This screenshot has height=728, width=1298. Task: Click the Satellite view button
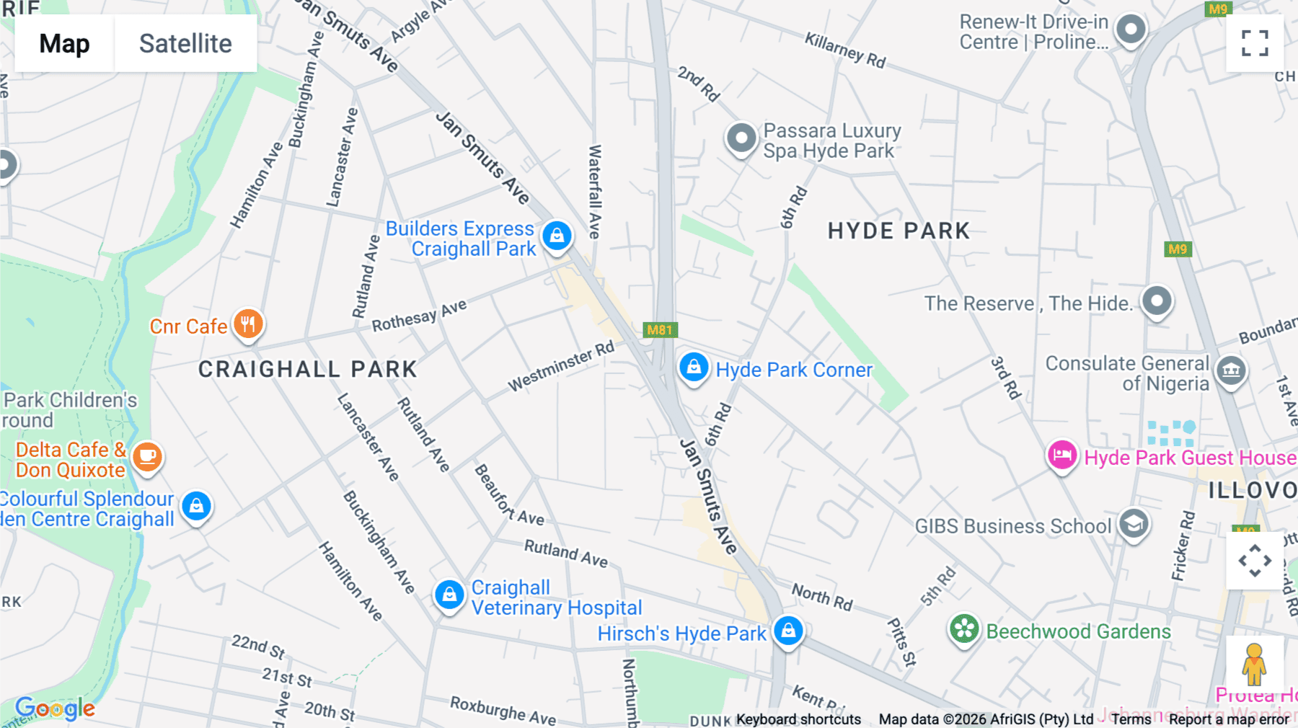pos(185,43)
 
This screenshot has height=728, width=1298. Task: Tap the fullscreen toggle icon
pos(1255,43)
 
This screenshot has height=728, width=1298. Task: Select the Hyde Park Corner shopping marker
pos(694,368)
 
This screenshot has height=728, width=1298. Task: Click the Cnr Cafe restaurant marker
pos(248,324)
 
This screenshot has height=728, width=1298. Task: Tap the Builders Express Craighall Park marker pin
pos(557,236)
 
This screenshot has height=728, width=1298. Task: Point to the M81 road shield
pos(660,330)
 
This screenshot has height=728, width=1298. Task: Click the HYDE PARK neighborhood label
pos(899,231)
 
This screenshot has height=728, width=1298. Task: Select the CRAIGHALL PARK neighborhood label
pos(308,370)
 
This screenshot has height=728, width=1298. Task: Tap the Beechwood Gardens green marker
pos(964,629)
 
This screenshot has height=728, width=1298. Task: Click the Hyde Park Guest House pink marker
pos(1062,456)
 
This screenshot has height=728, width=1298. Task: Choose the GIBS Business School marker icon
pos(1134,524)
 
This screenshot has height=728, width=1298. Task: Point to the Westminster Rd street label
pos(561,366)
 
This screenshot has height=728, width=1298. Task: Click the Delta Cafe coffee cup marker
pos(148,457)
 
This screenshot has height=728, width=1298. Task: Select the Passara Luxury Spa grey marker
pos(741,138)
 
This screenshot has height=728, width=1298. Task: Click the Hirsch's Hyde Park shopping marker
pos(788,631)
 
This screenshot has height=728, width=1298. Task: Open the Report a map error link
pos(1229,719)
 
